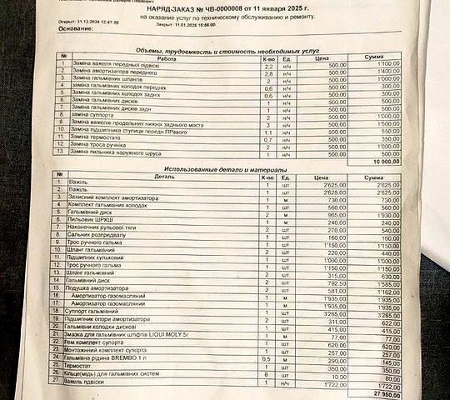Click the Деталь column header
tap(163, 177)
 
